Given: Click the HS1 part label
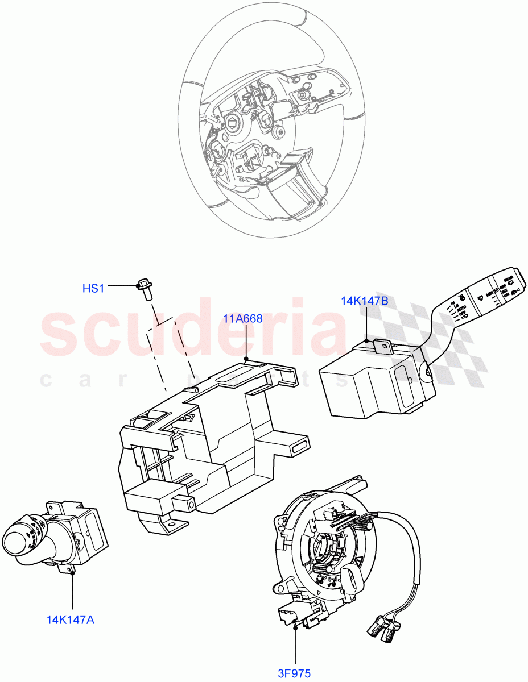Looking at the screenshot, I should pos(93,288).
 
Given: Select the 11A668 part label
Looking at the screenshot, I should pos(243,318).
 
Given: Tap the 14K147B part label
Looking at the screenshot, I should pos(365,301).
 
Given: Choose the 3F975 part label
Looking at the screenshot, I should pos(294,673).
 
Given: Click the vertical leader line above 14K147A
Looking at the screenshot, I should pos(72,591).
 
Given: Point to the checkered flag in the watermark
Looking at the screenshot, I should pos(432,341).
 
